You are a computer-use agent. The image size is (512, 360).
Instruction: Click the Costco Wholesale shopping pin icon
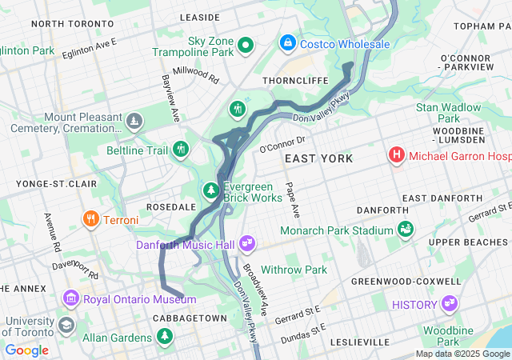[x=287, y=41]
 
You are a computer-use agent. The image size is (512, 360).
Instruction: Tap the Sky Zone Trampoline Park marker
[x=246, y=46]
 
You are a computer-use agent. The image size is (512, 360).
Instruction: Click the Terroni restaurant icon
[x=90, y=219]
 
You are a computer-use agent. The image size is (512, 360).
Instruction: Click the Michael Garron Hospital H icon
[x=395, y=154]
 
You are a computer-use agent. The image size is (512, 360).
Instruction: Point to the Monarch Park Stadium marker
[x=406, y=230]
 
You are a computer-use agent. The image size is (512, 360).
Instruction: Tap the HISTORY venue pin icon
[x=449, y=304]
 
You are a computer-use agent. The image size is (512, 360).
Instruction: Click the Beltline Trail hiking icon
[x=182, y=149]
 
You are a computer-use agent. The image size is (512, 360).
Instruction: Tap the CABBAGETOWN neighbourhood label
[x=188, y=318]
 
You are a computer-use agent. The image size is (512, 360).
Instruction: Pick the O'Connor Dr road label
[x=283, y=143]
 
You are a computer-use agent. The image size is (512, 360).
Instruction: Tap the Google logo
[x=26, y=350]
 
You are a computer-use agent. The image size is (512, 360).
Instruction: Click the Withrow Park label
[x=294, y=270]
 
